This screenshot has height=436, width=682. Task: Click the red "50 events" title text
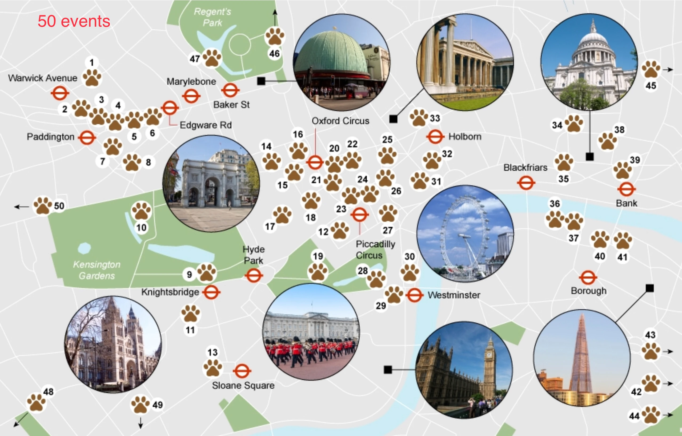tap(74, 21)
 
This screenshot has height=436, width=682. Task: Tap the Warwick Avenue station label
tap(42, 78)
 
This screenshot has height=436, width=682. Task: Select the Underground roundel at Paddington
tap(87, 138)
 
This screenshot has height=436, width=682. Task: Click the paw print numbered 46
tap(274, 36)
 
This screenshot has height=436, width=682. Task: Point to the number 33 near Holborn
tap(435, 118)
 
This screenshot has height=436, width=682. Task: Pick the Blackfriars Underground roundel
tap(526, 183)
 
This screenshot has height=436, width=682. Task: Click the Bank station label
tap(627, 203)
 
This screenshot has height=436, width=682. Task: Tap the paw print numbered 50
tap(42, 205)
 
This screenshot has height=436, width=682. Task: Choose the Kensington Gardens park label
tap(97, 270)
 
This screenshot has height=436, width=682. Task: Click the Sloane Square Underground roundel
tap(242, 371)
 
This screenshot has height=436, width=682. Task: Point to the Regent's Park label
tap(212, 17)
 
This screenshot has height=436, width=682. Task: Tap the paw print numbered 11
tap(191, 314)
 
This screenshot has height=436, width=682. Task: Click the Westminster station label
tap(454, 295)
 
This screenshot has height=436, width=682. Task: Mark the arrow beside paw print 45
tap(669, 69)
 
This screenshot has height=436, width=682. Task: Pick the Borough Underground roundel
tap(588, 278)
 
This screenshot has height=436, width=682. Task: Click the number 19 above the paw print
tap(318, 256)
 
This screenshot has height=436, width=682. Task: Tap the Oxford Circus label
tap(340, 121)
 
